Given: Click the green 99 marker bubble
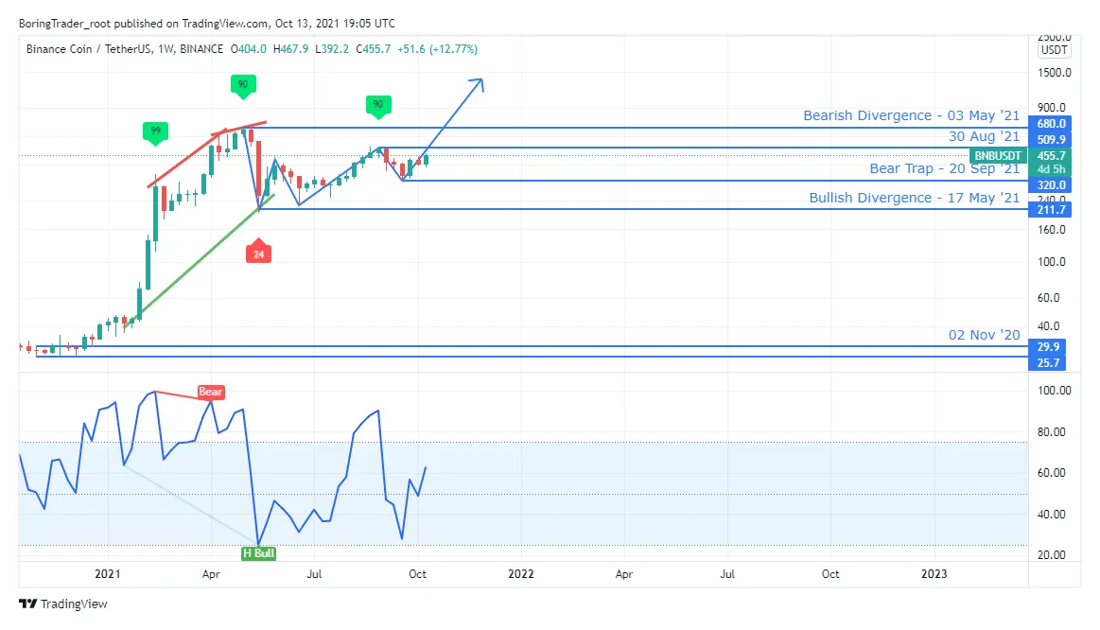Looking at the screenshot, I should pyautogui.click(x=151, y=130).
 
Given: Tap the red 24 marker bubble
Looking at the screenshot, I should pyautogui.click(x=258, y=254).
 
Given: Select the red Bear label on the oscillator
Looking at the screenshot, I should pyautogui.click(x=210, y=392).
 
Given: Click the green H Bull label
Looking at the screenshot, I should pyautogui.click(x=258, y=552).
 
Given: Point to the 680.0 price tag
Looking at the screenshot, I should pyautogui.click(x=1052, y=124).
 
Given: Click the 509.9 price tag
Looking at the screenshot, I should pyautogui.click(x=1052, y=138).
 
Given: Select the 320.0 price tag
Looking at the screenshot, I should pyautogui.click(x=1052, y=185).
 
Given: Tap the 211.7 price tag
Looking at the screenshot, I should pyautogui.click(x=1052, y=209).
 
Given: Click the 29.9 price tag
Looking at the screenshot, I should pyautogui.click(x=1052, y=346).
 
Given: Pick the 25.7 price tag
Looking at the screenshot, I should pyautogui.click(x=1052, y=363).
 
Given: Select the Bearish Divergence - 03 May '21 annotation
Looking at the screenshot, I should pyautogui.click(x=911, y=115).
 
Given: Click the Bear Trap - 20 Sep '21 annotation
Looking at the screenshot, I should pyautogui.click(x=944, y=168).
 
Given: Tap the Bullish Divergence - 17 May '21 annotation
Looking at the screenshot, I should pyautogui.click(x=914, y=198).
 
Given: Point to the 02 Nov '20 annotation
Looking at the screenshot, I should pyautogui.click(x=984, y=335).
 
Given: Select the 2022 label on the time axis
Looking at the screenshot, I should pyautogui.click(x=520, y=573).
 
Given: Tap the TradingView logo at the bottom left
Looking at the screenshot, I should pyautogui.click(x=63, y=604).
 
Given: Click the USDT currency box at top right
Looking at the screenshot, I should pyautogui.click(x=1053, y=50).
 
